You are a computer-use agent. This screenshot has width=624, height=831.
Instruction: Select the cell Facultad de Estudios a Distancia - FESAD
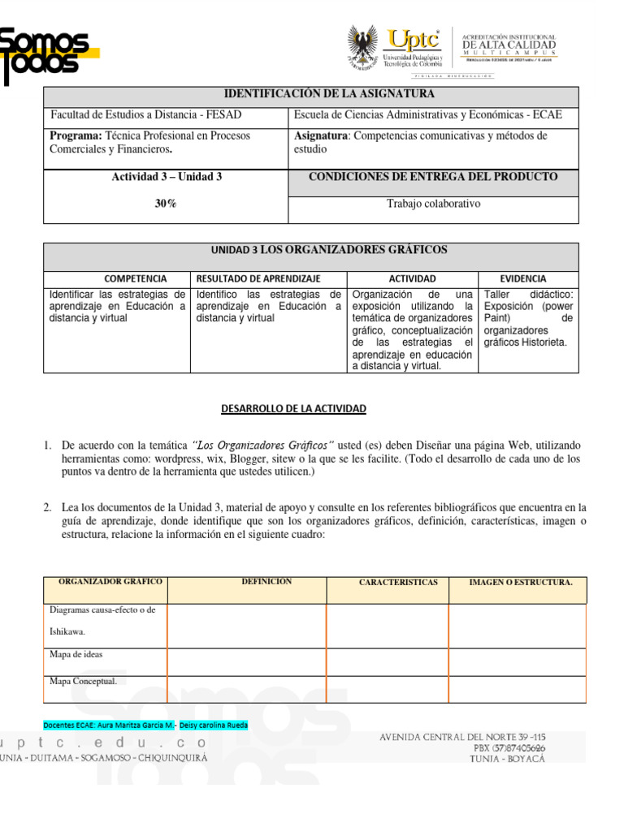(146, 115)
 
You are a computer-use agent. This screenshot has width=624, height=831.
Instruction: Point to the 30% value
(166, 205)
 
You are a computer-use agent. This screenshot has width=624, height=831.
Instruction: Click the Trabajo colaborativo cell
(433, 204)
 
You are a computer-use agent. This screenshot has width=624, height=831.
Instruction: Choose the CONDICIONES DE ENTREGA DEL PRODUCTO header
(433, 177)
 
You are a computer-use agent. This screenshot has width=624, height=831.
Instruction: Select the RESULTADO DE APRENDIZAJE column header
(258, 278)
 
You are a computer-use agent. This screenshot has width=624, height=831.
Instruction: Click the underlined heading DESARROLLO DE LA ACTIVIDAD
(294, 409)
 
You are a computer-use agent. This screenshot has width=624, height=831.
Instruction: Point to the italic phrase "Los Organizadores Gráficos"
(263, 446)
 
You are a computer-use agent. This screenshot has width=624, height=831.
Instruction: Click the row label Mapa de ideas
(76, 654)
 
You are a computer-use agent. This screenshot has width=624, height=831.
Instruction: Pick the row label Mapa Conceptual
(83, 682)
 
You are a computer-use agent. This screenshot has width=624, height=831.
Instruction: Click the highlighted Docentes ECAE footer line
(145, 725)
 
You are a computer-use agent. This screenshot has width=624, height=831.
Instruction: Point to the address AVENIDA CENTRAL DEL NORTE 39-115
(462, 737)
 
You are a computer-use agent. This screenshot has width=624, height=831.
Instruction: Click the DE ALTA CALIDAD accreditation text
(509, 45)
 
